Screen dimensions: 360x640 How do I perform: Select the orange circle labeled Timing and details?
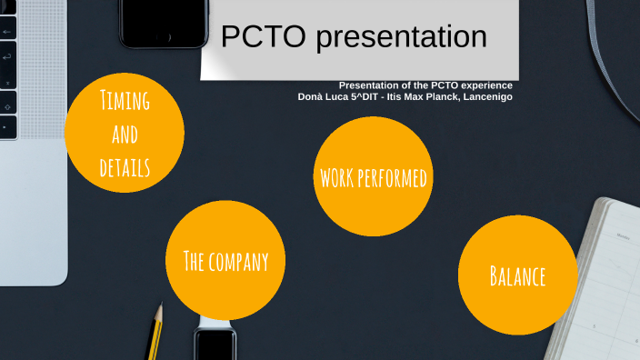pyautogui.click(x=125, y=133)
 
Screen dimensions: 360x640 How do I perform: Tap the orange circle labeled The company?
pyautogui.click(x=225, y=261)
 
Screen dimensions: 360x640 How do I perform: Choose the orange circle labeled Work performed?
pyautogui.click(x=372, y=175)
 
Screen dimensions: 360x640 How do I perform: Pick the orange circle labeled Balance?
pyautogui.click(x=517, y=275)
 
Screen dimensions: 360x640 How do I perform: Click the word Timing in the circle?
pyautogui.click(x=125, y=100)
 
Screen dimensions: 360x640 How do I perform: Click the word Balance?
pyautogui.click(x=517, y=275)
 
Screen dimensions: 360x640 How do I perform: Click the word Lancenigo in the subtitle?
pyautogui.click(x=487, y=96)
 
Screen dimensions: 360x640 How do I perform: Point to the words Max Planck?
pyautogui.click(x=426, y=96)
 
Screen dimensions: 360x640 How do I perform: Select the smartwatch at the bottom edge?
pyautogui.click(x=215, y=344)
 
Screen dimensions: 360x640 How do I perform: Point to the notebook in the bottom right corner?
pyautogui.click(x=601, y=282)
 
